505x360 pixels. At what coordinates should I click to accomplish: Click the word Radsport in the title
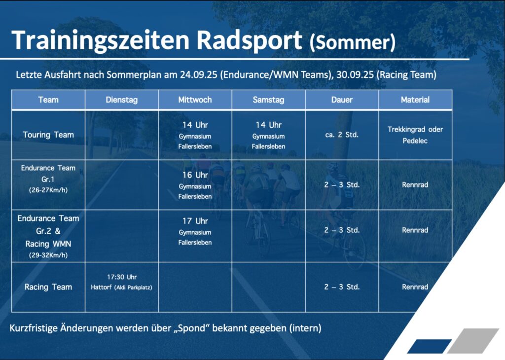click(249, 40)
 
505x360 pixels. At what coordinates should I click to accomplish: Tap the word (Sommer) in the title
click(352, 42)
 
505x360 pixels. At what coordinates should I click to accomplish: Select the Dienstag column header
click(122, 100)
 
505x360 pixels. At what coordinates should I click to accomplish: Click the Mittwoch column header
click(195, 100)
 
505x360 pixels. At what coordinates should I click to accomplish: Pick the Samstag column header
click(268, 100)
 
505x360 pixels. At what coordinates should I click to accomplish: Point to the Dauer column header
click(342, 100)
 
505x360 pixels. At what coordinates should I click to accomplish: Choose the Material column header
click(415, 100)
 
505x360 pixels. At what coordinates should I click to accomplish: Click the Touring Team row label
click(48, 135)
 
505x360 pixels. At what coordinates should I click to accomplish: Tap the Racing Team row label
click(48, 287)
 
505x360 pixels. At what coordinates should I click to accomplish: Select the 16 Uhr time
click(195, 175)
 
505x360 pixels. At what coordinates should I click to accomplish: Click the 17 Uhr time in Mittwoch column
click(195, 221)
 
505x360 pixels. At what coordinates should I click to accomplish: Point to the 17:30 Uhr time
click(122, 277)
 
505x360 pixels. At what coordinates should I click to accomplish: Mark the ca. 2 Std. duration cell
click(342, 135)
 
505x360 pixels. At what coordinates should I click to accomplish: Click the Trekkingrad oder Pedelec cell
click(415, 135)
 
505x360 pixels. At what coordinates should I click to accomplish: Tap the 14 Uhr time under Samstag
click(268, 125)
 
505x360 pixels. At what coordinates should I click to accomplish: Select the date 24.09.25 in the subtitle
click(198, 74)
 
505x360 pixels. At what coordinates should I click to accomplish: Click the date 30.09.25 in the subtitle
click(355, 74)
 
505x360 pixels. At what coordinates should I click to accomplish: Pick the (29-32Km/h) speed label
click(48, 255)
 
